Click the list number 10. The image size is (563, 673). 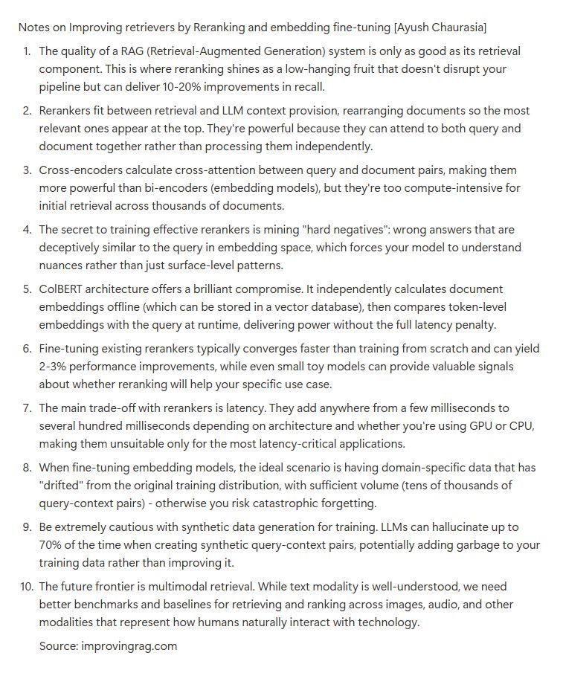pyautogui.click(x=24, y=587)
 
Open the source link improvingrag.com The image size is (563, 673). pyautogui.click(x=128, y=646)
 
